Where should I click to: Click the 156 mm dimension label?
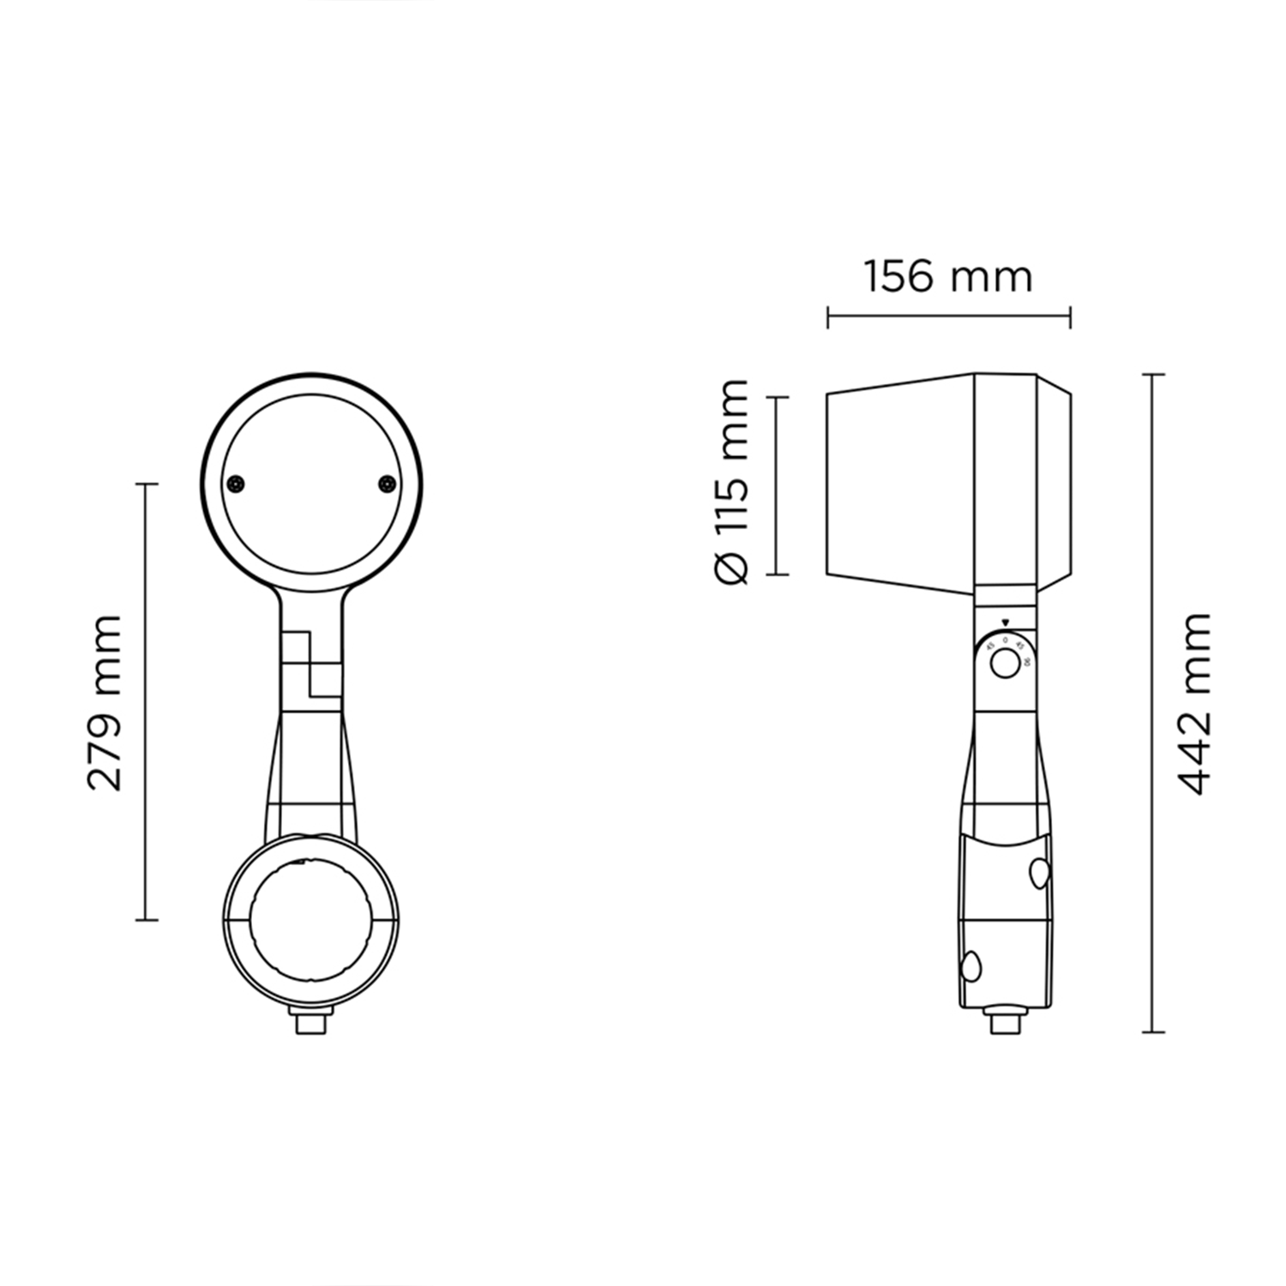[947, 277]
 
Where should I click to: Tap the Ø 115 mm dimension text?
[731, 482]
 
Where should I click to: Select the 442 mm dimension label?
[1193, 703]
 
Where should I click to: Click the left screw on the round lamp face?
[236, 484]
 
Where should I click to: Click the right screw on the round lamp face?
[388, 484]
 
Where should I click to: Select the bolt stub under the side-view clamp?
[1005, 1022]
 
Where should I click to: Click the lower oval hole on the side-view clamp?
[971, 966]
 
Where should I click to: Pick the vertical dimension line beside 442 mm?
[1153, 703]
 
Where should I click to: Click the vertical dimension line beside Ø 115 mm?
[777, 485]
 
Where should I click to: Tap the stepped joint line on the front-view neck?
[309, 664]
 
